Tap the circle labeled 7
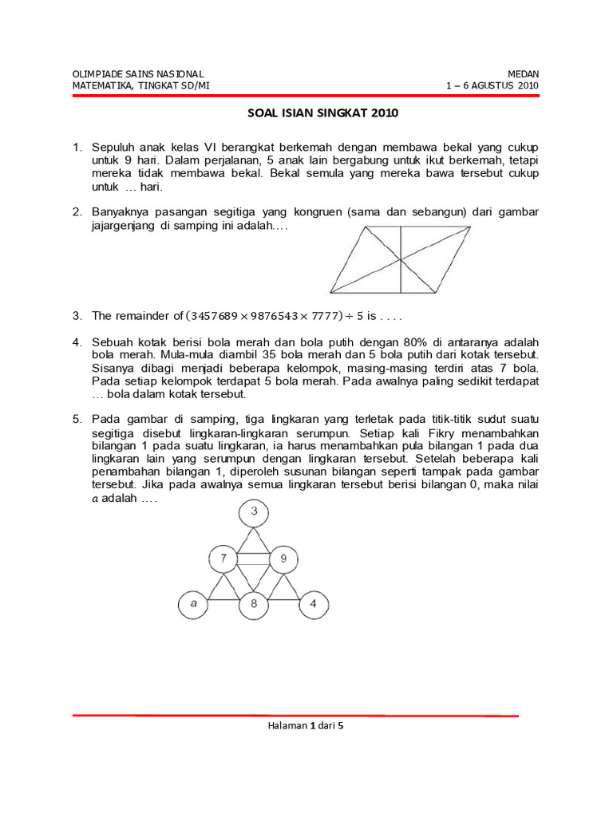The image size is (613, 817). (224, 558)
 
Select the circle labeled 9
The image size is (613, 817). (283, 558)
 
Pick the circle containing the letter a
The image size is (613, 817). (193, 603)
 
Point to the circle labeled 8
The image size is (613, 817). (254, 604)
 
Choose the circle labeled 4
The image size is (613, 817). (314, 603)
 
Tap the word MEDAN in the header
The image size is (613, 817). (524, 73)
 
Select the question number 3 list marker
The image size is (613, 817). (77, 316)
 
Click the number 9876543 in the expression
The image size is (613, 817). (275, 316)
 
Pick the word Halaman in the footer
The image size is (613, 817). (285, 725)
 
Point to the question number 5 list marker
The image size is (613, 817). (77, 418)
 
